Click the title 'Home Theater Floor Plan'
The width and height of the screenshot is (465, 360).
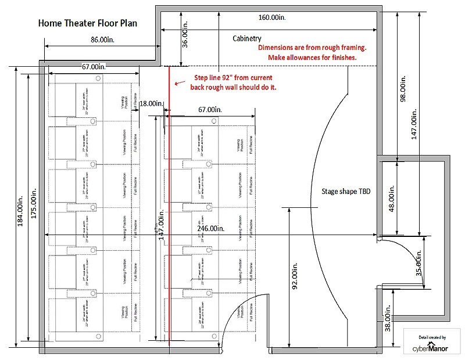[x=87, y=24]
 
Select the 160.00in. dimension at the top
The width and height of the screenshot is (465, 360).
[x=272, y=17]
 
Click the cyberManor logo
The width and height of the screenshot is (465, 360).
[x=431, y=344]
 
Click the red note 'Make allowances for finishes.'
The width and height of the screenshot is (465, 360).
[x=312, y=58]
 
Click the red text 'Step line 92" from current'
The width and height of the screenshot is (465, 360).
[x=233, y=77]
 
